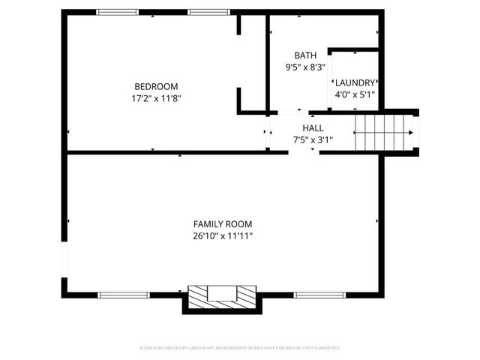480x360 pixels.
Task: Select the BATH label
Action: point(305,55)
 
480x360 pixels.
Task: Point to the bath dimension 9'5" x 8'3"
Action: point(305,67)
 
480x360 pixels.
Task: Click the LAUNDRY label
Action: point(355,83)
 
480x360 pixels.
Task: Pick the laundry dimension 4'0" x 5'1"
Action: point(355,95)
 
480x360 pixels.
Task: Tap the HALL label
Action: point(313,128)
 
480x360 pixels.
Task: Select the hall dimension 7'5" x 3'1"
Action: point(313,139)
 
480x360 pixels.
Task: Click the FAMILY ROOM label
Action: point(223,224)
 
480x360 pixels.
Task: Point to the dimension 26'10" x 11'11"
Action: point(223,236)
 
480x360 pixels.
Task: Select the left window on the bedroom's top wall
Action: point(118,12)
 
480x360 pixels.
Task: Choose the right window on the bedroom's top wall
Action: point(208,12)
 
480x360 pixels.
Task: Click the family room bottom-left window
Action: point(120,295)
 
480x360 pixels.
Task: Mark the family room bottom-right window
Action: point(314,295)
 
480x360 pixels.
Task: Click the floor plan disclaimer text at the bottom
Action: point(240,348)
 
